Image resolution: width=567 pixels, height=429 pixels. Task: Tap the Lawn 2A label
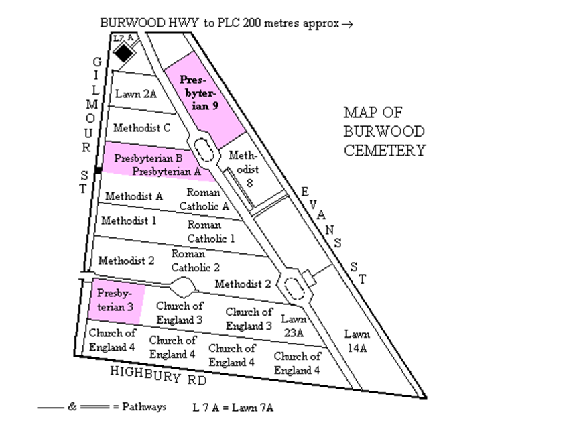[x=136, y=95]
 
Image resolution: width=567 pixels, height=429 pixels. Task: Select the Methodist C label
[x=141, y=127]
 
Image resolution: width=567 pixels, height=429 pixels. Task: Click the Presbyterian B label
[x=148, y=159]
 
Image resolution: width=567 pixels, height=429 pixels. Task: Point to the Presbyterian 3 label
[x=115, y=300]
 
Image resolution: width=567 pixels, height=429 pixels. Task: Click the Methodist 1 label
[x=129, y=220]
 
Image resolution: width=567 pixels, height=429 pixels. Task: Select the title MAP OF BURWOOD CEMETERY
[x=384, y=131]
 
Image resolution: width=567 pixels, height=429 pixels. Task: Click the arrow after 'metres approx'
[x=346, y=23]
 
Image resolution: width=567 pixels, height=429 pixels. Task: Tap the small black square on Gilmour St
[x=98, y=172]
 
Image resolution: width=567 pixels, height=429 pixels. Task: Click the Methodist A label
[x=134, y=196]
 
